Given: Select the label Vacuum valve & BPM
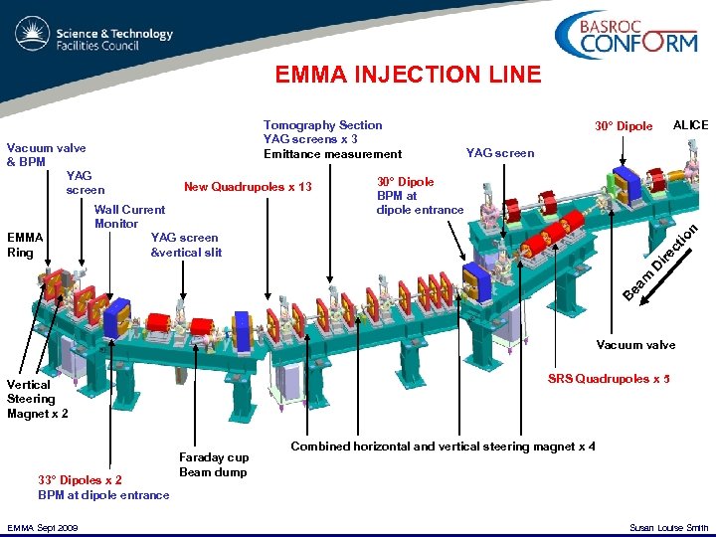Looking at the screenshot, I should tap(46, 154).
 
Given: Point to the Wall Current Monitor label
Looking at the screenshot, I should tap(129, 216).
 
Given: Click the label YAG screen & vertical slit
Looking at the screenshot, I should tap(186, 245).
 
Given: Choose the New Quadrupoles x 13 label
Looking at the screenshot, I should tap(248, 188).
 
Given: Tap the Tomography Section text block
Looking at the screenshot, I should tap(332, 139).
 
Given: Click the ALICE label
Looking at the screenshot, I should tap(690, 125).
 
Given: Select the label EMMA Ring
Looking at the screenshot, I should tap(25, 245).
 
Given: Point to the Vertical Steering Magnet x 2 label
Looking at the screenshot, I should tap(38, 399).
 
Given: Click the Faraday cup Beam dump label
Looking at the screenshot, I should tap(214, 464).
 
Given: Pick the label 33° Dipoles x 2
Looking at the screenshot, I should tap(80, 480).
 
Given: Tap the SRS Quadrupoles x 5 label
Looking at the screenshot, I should tap(609, 379).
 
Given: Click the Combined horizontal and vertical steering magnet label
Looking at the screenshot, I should tap(443, 447).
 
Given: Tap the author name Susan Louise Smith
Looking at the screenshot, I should tap(669, 527).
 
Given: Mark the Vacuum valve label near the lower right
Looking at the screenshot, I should tap(635, 345).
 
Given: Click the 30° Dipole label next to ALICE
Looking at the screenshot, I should tap(624, 126).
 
